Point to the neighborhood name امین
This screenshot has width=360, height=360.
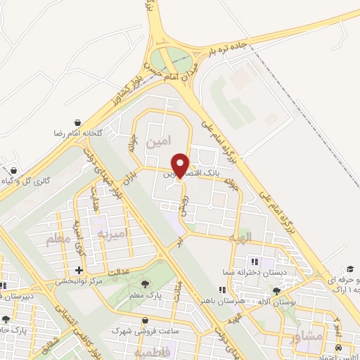pyautogui.click(x=158, y=142)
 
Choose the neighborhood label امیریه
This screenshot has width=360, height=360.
pyautogui.click(x=112, y=233)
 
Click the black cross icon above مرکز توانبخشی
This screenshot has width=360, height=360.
pyautogui.click(x=79, y=270)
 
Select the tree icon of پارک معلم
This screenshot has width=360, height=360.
pyautogui.click(x=145, y=284)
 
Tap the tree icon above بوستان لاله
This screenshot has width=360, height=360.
pyautogui.click(x=277, y=290)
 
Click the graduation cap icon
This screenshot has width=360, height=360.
pyautogui.click(x=349, y=269)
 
